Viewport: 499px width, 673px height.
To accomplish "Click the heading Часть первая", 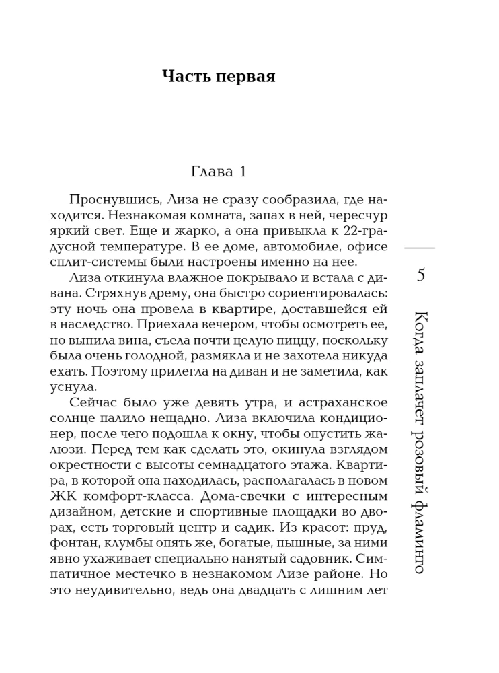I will point(219,76).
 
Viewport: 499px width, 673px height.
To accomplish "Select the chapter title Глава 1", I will point(219,171).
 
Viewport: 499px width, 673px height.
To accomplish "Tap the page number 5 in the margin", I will point(421,275).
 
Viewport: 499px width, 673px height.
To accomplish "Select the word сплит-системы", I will point(92,261).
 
